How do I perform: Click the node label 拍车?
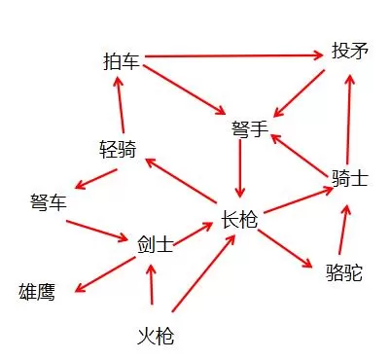click(x=122, y=61)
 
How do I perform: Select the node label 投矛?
click(x=350, y=51)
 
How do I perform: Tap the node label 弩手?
click(x=250, y=128)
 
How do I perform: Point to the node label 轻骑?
click(x=118, y=149)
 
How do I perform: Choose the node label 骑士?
click(x=350, y=178)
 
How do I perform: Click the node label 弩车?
click(x=49, y=201)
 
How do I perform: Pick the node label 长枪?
click(x=239, y=220)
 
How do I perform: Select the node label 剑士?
click(x=156, y=244)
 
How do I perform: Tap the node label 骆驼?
click(x=344, y=271)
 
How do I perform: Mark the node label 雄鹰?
click(x=37, y=292)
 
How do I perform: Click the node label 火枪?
click(x=156, y=336)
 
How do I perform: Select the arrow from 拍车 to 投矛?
click(x=233, y=56)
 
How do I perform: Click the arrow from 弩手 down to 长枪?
click(x=240, y=168)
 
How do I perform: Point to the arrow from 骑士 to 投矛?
click(x=348, y=120)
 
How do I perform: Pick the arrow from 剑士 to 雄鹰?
click(x=105, y=274)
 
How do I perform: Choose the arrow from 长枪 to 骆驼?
click(x=285, y=249)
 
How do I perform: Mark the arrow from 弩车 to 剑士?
click(x=97, y=231)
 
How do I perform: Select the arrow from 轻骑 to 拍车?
click(x=121, y=104)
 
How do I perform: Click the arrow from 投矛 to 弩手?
click(x=299, y=93)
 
